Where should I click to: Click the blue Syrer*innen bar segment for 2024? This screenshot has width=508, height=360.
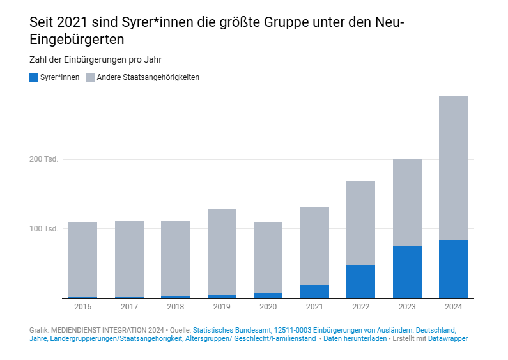point(453,269)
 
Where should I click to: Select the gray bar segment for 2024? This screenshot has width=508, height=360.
point(453,168)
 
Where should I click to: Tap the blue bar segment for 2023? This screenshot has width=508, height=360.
point(407,272)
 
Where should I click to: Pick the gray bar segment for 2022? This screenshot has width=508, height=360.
point(360,223)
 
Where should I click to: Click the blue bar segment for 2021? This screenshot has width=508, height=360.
point(314,292)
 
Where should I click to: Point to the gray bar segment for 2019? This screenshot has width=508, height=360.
point(222,252)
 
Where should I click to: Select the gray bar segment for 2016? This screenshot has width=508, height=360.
point(82,259)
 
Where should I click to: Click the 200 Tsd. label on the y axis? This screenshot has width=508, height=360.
point(44,159)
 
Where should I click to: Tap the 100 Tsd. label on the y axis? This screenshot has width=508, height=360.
point(44,229)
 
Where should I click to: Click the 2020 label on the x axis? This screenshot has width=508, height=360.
point(268,307)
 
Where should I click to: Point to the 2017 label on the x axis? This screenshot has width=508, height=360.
point(129,307)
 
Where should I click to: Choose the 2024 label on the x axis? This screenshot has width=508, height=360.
point(453,307)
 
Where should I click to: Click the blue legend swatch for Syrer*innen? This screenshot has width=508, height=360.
point(34,77)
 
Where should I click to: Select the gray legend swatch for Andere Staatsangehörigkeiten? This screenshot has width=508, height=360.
point(90,77)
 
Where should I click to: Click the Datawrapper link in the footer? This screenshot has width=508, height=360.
point(448,338)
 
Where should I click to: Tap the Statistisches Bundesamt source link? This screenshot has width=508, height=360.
point(232,329)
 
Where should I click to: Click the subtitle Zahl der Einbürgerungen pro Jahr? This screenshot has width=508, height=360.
point(95,59)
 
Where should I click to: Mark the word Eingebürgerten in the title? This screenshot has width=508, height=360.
point(77,39)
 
